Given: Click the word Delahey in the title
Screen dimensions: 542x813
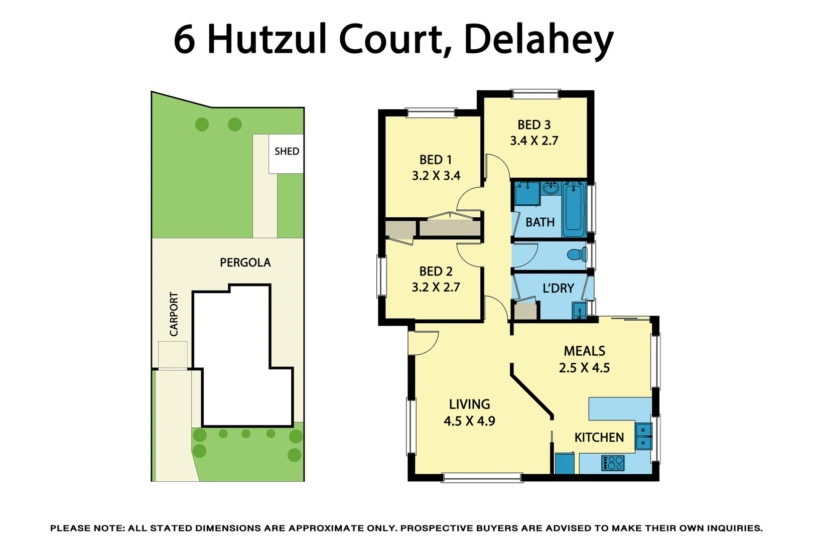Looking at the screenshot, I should [538, 40].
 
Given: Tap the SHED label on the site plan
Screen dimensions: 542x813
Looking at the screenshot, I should [287, 152].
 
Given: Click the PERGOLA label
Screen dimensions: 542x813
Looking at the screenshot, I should [245, 262].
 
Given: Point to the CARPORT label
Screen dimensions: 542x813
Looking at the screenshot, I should [174, 314].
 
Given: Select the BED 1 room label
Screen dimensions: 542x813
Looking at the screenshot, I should [436, 160].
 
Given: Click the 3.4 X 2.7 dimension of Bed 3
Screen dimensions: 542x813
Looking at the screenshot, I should [534, 141].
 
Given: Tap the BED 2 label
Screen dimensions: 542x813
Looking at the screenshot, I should [436, 272].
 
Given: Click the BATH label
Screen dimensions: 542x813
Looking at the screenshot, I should [540, 222].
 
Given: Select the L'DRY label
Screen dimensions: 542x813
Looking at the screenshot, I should [558, 289].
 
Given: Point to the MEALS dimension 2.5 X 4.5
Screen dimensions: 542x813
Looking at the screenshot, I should [584, 368].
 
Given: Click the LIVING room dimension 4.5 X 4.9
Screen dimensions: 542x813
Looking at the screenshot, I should [469, 421].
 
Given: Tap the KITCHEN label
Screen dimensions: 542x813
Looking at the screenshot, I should [599, 438].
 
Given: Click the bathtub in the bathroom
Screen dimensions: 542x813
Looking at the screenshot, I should [574, 209].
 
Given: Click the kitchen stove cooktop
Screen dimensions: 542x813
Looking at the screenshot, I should [612, 463].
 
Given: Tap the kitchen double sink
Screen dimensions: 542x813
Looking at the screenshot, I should [643, 437].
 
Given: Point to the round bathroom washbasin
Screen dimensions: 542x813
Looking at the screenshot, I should [551, 189].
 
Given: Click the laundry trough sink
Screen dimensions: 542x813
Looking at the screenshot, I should [579, 310].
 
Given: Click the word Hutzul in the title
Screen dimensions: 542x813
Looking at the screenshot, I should [266, 40].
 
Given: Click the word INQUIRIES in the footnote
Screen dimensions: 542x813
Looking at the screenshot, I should [735, 528].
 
